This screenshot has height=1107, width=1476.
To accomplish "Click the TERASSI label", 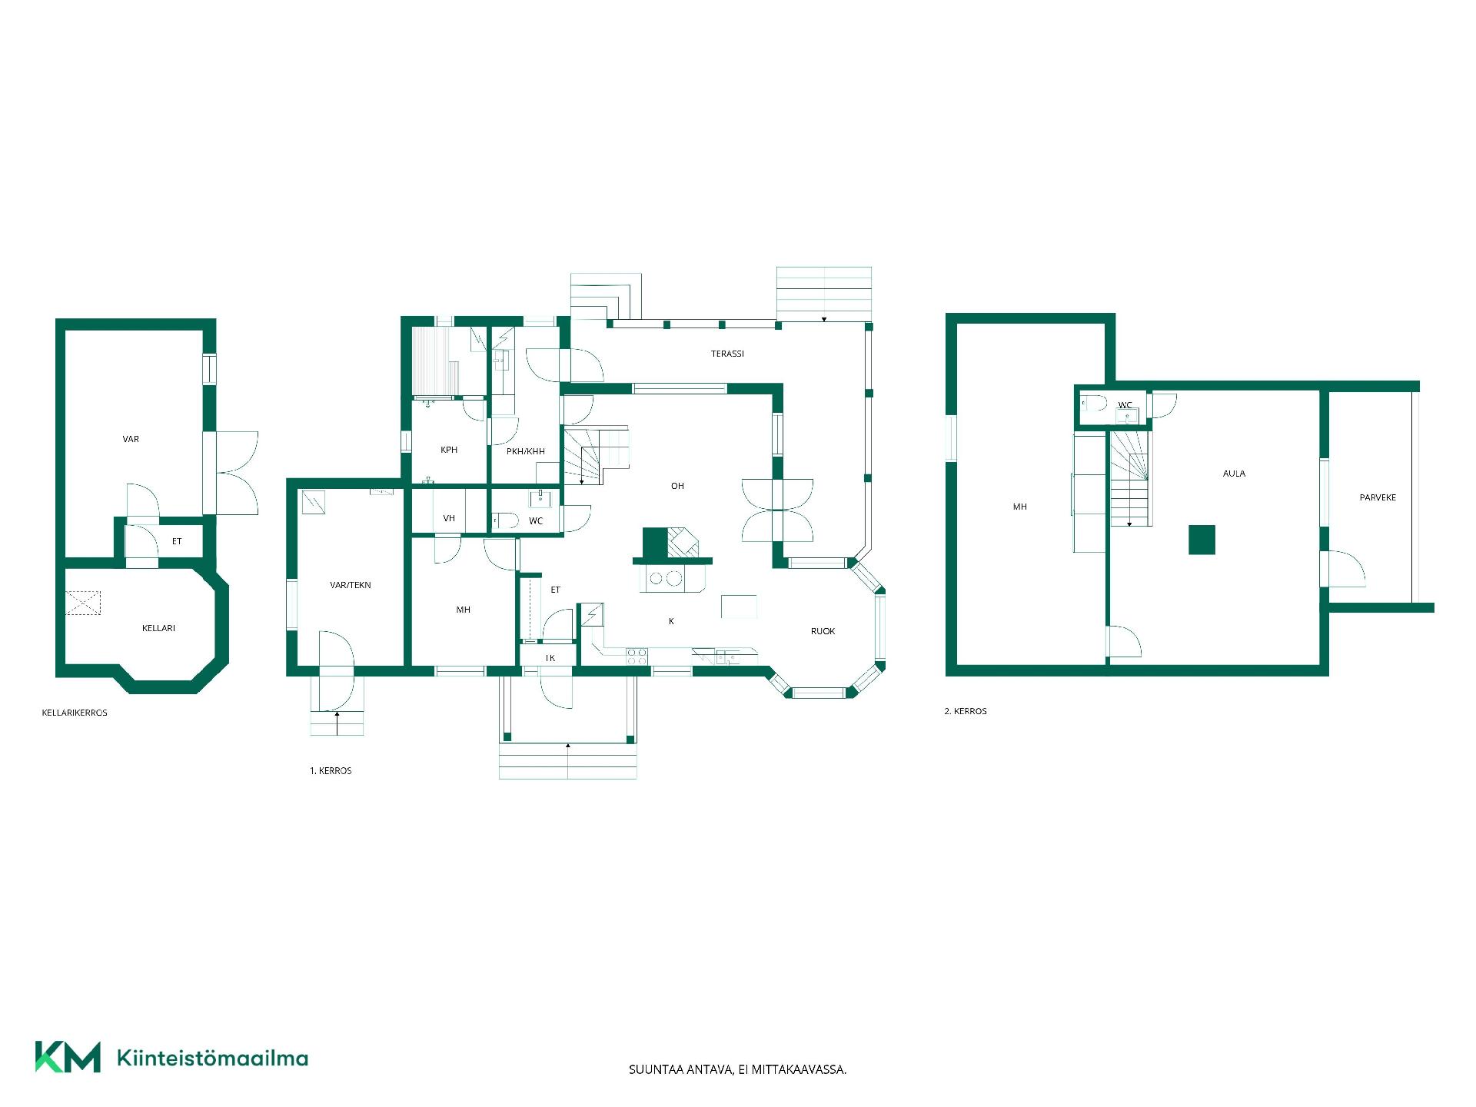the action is tap(727, 354).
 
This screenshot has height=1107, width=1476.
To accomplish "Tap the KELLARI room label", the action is tap(158, 628).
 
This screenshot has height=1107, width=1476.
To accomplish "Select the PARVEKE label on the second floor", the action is tap(1378, 497).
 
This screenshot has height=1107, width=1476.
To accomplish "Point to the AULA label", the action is tap(1234, 474).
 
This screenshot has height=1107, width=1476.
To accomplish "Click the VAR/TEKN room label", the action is tap(350, 585).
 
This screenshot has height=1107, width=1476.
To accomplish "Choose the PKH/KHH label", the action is tap(526, 451).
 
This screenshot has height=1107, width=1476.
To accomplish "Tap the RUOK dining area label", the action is tap(823, 631).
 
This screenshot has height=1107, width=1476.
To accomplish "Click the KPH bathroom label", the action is tap(449, 450).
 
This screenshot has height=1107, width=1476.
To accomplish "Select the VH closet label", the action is tap(449, 518).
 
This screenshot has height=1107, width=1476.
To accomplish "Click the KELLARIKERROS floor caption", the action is tap(75, 713).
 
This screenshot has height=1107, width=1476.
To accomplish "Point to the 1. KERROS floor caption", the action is tap(331, 770).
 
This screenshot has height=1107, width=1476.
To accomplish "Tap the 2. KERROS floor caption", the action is tap(966, 711).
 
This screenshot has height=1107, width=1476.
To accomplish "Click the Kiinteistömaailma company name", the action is tap(212, 1058).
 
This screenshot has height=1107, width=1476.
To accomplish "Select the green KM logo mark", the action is tap(68, 1057).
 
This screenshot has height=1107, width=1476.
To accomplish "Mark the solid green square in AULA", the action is tap(1202, 540).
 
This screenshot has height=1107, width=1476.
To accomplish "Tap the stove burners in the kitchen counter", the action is tap(637, 657).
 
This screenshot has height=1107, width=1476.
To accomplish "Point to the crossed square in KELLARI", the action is tap(83, 603).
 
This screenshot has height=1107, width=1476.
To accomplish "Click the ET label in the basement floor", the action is tap(177, 541).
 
